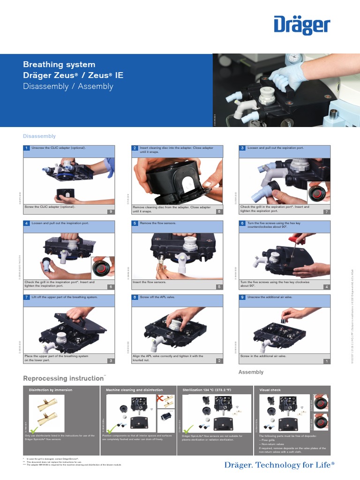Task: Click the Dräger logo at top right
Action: tap(302, 27)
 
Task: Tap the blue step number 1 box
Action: tap(27, 148)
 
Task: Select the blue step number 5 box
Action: tap(135, 223)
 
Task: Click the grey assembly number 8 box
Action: tap(218, 212)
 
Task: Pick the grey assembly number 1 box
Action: tap(326, 361)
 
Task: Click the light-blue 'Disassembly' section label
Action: tap(39, 136)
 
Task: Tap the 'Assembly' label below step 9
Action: tap(251, 372)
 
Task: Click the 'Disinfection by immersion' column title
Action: tap(51, 390)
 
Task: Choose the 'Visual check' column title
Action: tap(270, 390)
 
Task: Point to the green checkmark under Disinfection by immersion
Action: tap(33, 431)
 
